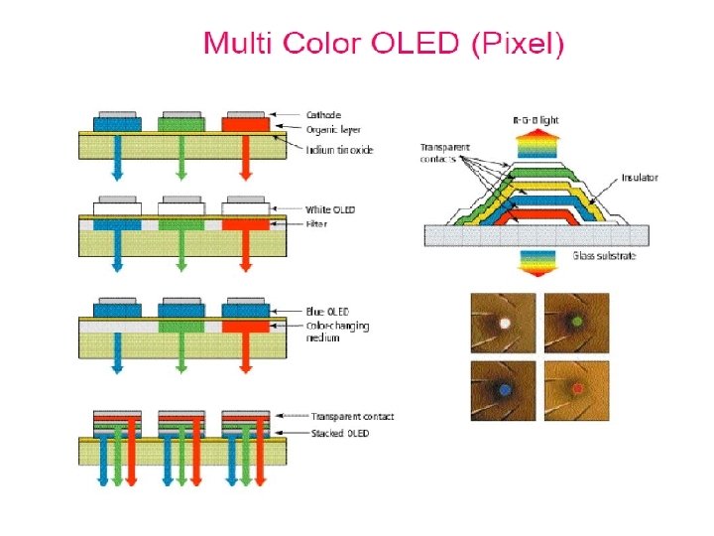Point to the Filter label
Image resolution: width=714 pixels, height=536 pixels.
(x=317, y=223)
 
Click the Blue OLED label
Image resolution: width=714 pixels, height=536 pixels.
(x=327, y=312)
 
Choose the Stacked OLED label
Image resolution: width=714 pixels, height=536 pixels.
(x=339, y=433)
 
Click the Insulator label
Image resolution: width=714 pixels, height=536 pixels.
(x=640, y=178)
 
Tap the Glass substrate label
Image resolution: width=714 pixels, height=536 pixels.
(x=604, y=256)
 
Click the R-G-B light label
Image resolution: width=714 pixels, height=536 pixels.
(x=535, y=120)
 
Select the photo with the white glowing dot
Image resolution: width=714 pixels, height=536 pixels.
(x=503, y=323)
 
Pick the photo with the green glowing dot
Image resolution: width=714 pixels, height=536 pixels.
(x=575, y=323)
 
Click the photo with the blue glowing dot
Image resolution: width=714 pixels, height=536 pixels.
(x=503, y=390)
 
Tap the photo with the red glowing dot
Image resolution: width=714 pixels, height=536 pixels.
(x=575, y=390)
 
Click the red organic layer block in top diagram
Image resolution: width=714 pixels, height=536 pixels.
(x=245, y=125)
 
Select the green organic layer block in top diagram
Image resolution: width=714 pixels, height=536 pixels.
(x=180, y=125)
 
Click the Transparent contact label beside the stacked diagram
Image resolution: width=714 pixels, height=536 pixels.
(x=352, y=416)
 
